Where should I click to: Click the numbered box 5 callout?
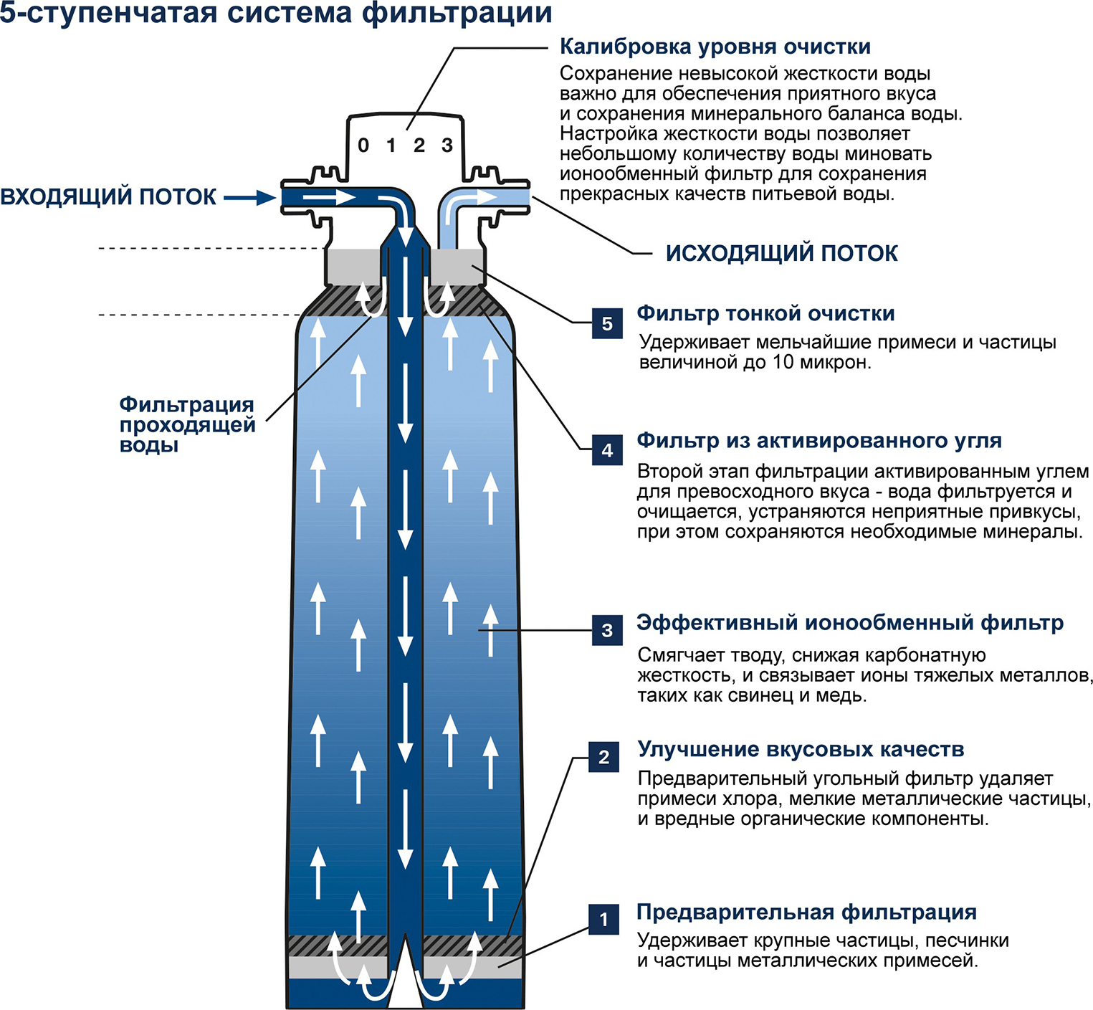[607, 323]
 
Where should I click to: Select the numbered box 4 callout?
[607, 449]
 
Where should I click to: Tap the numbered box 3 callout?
[607, 630]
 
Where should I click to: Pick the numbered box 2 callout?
[603, 757]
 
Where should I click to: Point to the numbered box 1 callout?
[603, 919]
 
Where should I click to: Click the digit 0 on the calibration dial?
[363, 146]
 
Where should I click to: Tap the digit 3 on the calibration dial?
[447, 146]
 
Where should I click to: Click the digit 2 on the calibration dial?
[419, 146]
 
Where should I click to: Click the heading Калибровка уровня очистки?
[715, 47]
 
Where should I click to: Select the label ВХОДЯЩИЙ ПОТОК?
[108, 197]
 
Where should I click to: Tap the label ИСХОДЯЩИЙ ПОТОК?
[781, 253]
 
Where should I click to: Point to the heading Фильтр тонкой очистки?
[765, 313]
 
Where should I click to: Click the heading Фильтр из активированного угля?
[818, 440]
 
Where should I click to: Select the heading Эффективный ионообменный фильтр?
[849, 622]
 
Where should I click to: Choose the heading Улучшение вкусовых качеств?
[801, 749]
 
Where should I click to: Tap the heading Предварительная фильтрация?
[806, 912]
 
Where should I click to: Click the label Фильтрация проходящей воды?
[187, 424]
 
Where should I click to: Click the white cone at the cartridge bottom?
[405, 982]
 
